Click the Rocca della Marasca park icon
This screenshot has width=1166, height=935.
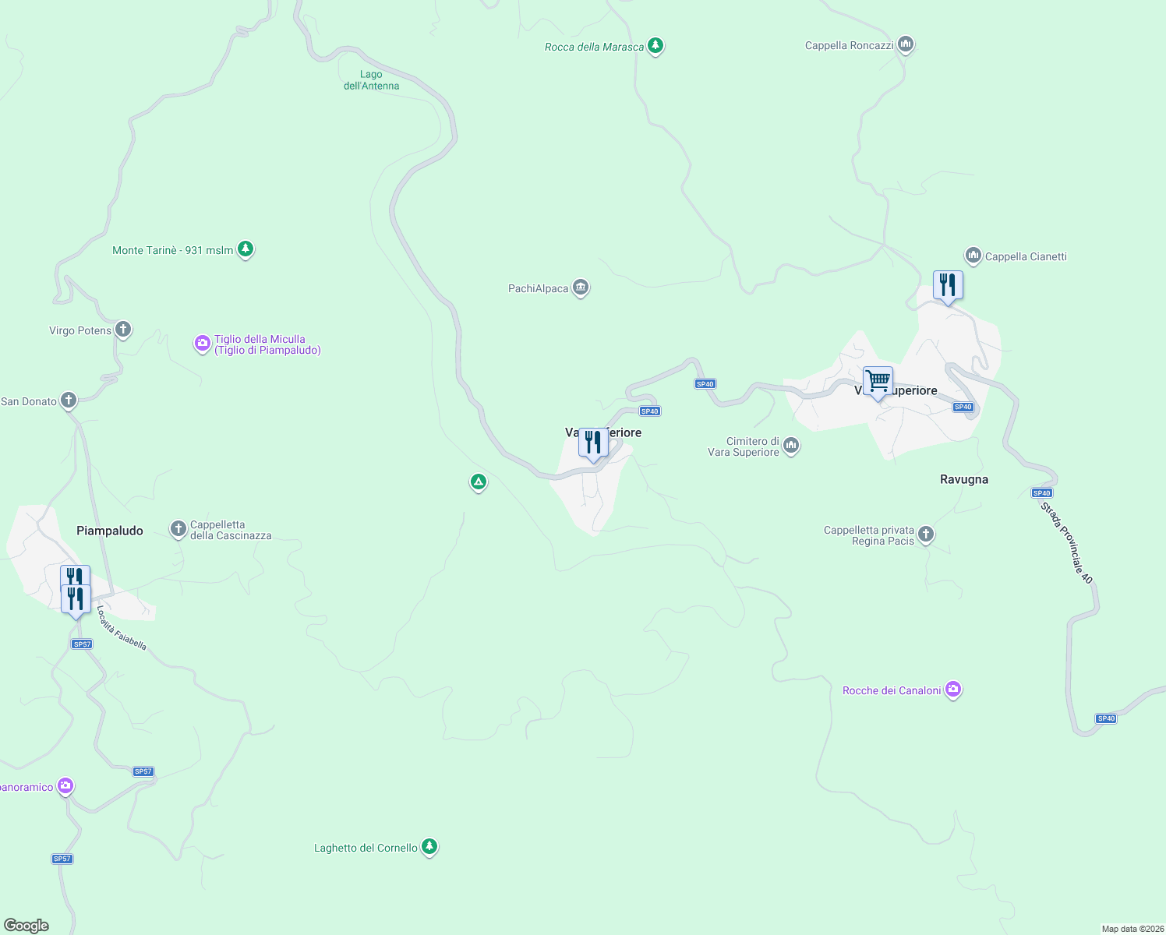click(x=655, y=46)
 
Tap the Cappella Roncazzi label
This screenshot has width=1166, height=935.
click(x=849, y=45)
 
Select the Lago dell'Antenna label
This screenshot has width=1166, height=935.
click(x=371, y=80)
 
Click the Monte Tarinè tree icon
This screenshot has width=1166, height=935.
click(x=246, y=249)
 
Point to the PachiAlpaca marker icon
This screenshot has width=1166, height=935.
click(x=580, y=288)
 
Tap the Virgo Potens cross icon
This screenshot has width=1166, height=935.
click(x=122, y=330)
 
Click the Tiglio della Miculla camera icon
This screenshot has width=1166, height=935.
click(x=202, y=343)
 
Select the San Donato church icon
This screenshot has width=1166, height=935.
click(x=69, y=400)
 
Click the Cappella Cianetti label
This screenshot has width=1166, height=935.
click(x=1026, y=256)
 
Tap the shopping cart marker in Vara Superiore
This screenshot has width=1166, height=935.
click(x=878, y=381)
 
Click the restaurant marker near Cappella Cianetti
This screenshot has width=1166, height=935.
click(x=948, y=285)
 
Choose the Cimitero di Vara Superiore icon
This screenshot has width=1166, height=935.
click(x=791, y=446)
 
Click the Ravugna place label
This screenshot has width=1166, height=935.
click(x=964, y=479)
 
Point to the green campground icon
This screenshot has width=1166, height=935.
click(x=479, y=482)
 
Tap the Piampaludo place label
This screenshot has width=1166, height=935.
click(x=110, y=531)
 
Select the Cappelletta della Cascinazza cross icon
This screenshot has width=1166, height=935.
click(x=178, y=529)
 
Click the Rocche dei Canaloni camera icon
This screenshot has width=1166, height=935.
click(x=952, y=690)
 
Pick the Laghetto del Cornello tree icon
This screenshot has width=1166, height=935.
click(x=429, y=847)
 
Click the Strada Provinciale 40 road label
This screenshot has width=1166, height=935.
click(x=1067, y=543)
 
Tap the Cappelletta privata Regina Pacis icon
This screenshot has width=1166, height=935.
click(x=926, y=534)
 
